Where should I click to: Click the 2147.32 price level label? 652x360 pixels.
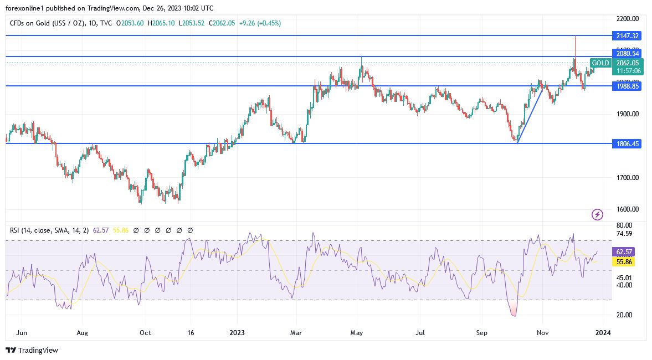(x=627, y=35)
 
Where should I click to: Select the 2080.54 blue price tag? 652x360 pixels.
(x=627, y=53)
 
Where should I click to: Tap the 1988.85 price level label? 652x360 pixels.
(x=627, y=86)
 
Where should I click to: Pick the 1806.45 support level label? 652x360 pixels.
(x=627, y=143)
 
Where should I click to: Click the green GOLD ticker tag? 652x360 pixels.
(x=600, y=63)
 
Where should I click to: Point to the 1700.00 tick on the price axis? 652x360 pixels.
(x=627, y=178)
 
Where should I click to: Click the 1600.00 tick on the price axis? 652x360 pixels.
(x=627, y=209)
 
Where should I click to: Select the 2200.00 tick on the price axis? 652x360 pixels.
(x=627, y=19)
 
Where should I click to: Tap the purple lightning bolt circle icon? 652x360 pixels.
(x=597, y=214)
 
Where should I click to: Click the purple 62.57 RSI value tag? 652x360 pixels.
(x=624, y=251)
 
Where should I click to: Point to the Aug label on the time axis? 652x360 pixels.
(x=83, y=333)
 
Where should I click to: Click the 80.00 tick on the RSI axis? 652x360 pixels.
(x=624, y=225)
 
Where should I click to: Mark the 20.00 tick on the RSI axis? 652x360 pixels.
(x=624, y=315)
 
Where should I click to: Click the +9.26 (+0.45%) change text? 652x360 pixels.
(x=262, y=23)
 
